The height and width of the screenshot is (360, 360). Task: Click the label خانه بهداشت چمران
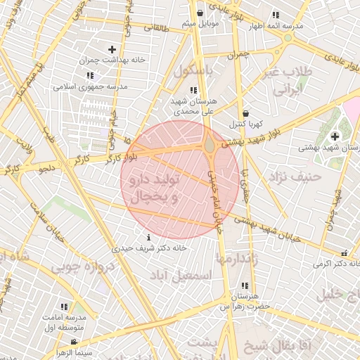click(x=112, y=60)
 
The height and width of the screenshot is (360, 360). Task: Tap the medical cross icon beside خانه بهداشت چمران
click(x=112, y=49)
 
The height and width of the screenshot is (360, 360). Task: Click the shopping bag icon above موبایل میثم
click(x=200, y=13)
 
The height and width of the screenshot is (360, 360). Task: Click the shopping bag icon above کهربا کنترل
click(x=245, y=113)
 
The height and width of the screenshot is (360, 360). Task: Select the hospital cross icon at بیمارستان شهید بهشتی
click(x=335, y=135)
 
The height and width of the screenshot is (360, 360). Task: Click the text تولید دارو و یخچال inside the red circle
click(x=150, y=189)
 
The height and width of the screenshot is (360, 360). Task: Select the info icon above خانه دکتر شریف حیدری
click(x=148, y=237)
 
